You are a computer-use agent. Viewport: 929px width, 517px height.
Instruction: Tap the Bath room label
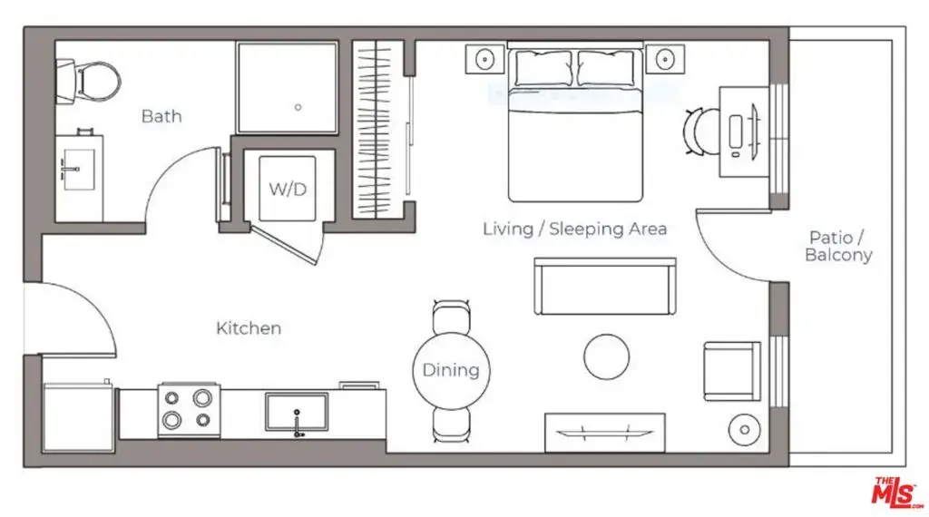point(161,116)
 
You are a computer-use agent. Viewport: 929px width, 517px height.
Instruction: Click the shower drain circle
point(298,107)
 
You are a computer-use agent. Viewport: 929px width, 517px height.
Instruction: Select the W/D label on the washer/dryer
point(288,189)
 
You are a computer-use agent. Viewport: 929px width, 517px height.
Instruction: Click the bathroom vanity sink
point(79,170)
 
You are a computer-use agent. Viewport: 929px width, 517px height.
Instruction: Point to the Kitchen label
point(249,328)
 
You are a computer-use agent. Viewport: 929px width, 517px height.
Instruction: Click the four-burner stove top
point(189,410)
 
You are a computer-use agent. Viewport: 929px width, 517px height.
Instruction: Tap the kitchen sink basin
point(297,412)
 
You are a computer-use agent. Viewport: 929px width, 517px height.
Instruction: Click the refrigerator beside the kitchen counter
point(79,417)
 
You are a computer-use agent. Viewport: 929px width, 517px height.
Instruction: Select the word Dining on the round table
point(451,371)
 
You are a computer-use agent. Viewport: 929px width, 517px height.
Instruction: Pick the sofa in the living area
point(605,287)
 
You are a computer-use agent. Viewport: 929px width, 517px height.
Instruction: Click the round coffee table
point(606,357)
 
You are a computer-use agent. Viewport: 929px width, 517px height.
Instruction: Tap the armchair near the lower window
point(732,371)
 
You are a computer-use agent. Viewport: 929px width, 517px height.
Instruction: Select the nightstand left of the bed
point(484,59)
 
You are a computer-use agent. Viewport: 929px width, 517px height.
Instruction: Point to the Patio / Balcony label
point(837,247)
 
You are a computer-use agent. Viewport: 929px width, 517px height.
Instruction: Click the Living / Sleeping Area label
point(574,229)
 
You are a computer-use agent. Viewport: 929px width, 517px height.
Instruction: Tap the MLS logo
point(896,493)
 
